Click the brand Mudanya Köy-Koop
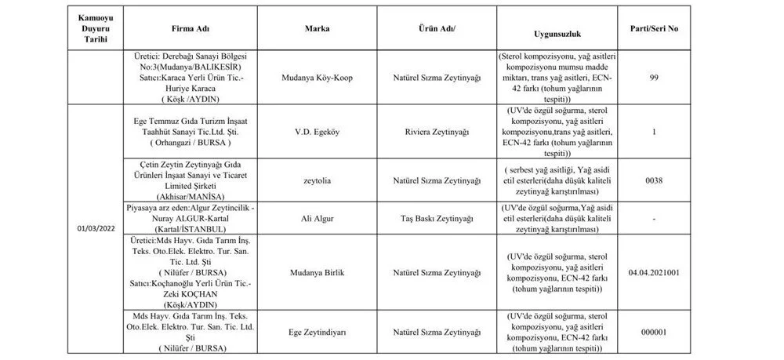tap(317, 78)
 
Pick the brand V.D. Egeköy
tap(317, 133)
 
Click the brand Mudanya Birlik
tap(317, 271)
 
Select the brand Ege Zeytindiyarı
tap(317, 332)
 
